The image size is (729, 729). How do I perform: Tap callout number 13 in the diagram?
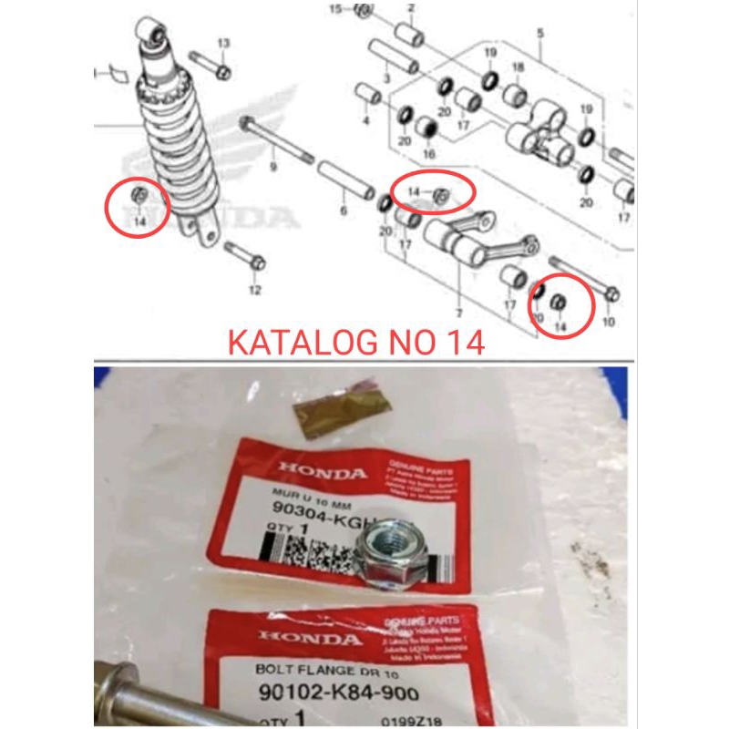coord(223,43)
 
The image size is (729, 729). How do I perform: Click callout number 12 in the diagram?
coord(254,290)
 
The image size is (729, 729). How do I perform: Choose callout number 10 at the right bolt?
coord(608,322)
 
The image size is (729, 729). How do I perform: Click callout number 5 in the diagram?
coord(539,33)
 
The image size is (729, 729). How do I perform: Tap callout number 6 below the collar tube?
coord(344,210)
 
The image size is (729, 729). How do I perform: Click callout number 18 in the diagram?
coord(517,68)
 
